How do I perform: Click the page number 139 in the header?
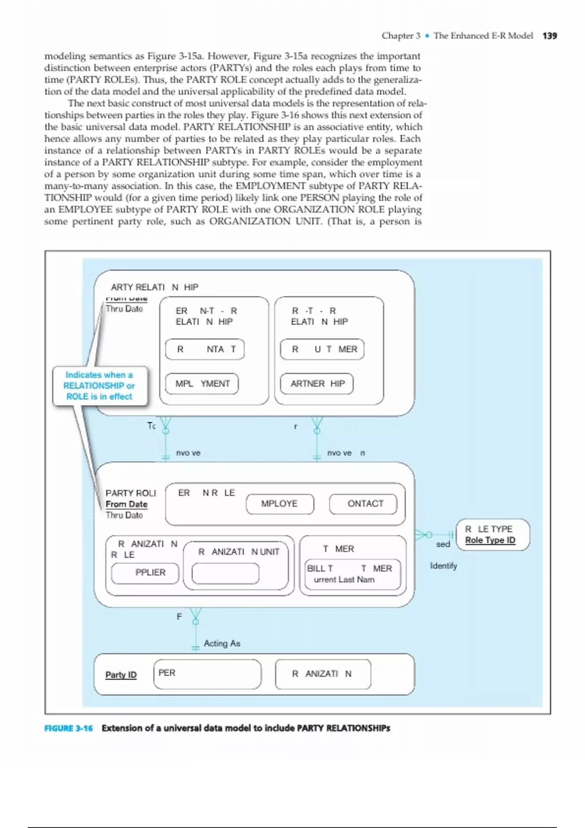549,36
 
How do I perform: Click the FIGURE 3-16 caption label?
68,728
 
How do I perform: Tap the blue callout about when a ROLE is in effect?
99,386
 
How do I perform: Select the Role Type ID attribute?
490,540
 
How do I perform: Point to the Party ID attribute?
121,675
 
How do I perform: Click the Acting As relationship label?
222,643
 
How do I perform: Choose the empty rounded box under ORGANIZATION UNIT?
225,573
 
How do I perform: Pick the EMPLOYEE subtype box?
279,504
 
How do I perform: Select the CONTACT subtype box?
363,504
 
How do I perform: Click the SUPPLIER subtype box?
145,573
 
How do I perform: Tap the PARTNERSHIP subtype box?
317,384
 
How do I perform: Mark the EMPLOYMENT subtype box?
202,384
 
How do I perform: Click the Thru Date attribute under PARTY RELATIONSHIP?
124,309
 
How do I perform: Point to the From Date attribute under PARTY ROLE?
126,504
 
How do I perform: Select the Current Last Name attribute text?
344,580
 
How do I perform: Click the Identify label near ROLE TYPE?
443,566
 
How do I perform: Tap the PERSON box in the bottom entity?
207,674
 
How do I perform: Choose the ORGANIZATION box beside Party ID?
323,674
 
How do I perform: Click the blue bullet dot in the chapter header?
427,36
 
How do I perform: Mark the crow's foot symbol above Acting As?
195,615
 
